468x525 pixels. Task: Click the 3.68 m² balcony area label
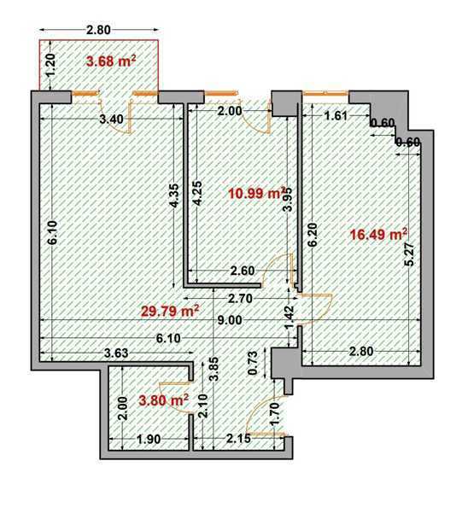(111, 61)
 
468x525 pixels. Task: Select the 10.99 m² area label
(256, 193)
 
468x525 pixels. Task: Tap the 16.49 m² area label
(378, 234)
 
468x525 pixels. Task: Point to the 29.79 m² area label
(170, 311)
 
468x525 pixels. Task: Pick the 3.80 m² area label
(163, 400)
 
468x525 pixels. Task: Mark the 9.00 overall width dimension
(230, 320)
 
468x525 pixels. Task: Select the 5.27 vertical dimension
(409, 254)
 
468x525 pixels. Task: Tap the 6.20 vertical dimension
(313, 235)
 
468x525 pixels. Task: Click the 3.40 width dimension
(112, 119)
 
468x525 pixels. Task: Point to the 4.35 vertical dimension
(174, 195)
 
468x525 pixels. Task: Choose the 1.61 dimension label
(336, 115)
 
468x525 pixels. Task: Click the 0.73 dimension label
(254, 363)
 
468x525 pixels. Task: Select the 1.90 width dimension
(149, 439)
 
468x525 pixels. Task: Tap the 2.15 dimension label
(238, 438)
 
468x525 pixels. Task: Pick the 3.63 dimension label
(116, 353)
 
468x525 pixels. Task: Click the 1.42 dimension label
(290, 317)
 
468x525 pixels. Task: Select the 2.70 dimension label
(239, 298)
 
